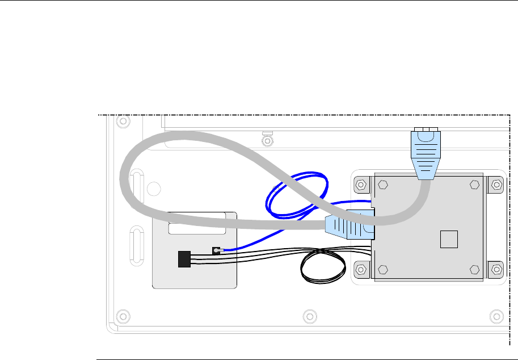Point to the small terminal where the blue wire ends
coord(216,250)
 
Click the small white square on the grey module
coord(449,238)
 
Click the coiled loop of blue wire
coord(297,196)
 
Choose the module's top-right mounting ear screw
coord(496,185)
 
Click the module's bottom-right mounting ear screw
coord(496,269)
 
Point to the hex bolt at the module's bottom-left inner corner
coord(382,269)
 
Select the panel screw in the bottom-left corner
coord(119,315)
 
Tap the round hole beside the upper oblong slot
coord(151,187)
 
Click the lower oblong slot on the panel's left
coord(136,242)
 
